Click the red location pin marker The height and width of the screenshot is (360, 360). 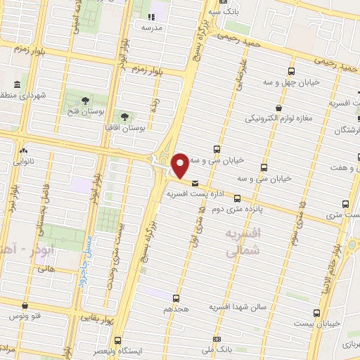[181, 166]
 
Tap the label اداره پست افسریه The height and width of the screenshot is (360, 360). [197, 191]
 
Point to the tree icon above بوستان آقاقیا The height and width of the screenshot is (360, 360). [124, 117]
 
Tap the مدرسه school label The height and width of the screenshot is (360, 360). [153, 27]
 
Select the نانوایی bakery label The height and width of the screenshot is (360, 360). [25, 160]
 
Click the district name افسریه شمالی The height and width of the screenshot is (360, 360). [244, 241]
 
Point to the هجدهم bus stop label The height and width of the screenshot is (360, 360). [176, 309]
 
